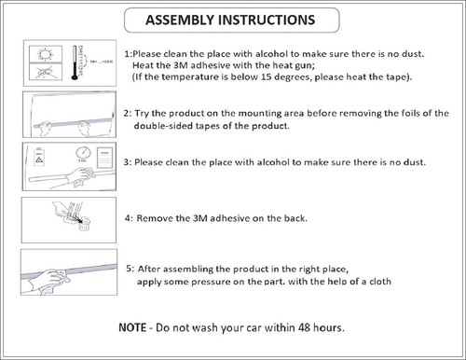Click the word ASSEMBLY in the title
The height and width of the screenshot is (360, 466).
(x=180, y=20)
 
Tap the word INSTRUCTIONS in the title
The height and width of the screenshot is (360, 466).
(x=267, y=20)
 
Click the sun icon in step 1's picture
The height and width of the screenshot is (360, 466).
(x=46, y=54)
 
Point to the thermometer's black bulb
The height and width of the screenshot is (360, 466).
(x=75, y=77)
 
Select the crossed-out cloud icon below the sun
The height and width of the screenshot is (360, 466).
(x=46, y=72)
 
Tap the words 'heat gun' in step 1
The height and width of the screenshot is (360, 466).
(x=294, y=65)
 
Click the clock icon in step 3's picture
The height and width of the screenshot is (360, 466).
(x=83, y=152)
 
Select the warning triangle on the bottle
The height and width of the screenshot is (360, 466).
(x=39, y=160)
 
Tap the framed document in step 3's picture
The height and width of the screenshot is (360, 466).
(x=104, y=158)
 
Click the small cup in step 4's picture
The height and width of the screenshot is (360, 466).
(x=84, y=225)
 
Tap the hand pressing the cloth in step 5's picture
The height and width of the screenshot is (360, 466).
(x=46, y=278)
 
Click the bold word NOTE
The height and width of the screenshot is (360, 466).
(x=132, y=327)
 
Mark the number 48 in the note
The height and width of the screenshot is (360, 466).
(x=304, y=327)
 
